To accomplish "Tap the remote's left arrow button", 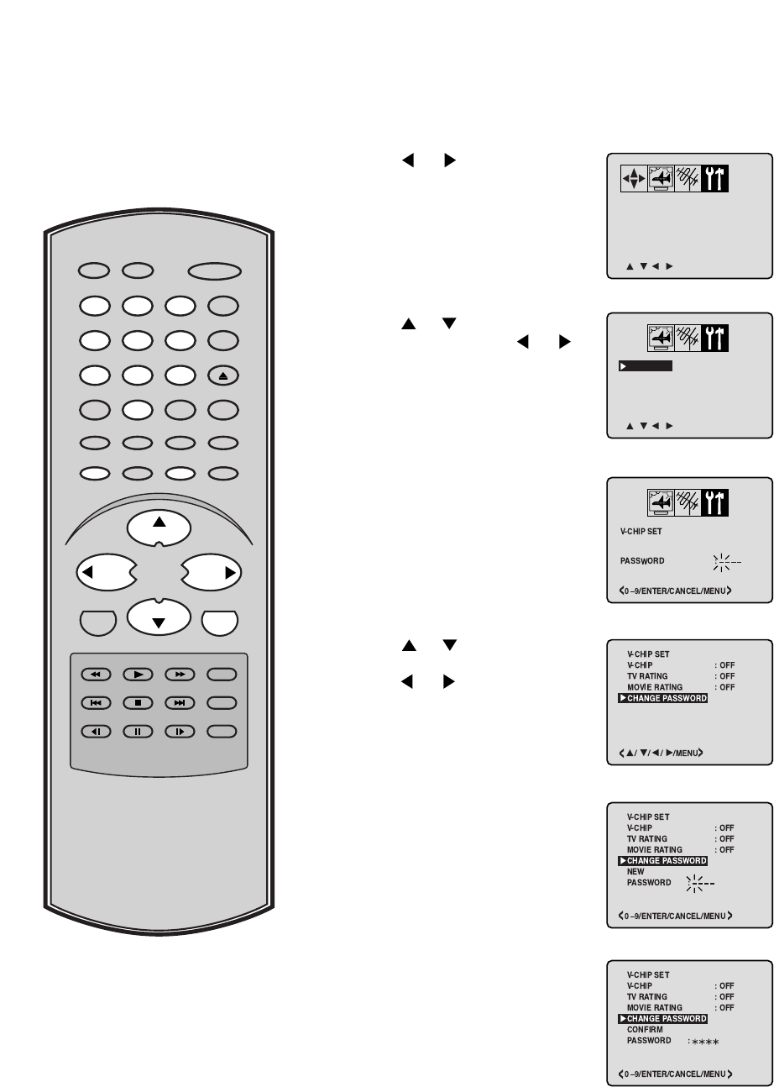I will click(105, 573).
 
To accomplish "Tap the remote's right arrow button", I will click(210, 573).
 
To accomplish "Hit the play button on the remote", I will click(138, 674).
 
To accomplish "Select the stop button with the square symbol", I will click(138, 702).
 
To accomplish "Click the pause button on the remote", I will click(138, 731).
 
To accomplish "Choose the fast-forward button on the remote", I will click(180, 674).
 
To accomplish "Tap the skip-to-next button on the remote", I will click(180, 702).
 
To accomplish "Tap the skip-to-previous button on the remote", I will click(96, 702).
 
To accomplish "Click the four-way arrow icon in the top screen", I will click(634, 179).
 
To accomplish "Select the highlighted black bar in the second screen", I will click(646, 366).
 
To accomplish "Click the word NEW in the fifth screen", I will click(635, 872).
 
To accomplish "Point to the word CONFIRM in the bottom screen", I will click(645, 1030).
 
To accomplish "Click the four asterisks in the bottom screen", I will click(703, 1042).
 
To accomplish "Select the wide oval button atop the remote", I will click(216, 270).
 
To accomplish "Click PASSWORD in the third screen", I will click(643, 561).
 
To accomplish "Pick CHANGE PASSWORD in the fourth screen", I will click(667, 699).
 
